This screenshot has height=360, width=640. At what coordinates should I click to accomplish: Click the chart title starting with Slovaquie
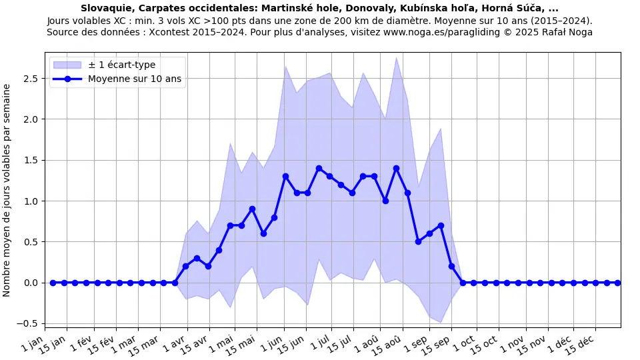point(319,9)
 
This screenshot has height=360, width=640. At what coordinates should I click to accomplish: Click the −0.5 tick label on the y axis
point(30,324)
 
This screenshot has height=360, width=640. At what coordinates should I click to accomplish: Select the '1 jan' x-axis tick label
point(34,342)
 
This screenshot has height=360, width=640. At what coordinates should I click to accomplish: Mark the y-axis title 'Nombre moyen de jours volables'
point(7,190)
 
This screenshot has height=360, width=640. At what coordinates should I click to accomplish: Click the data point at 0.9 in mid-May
point(252,209)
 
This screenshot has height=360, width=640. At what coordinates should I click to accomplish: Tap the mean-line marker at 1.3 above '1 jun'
point(285,176)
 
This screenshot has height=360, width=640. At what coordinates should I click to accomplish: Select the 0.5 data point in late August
point(418,241)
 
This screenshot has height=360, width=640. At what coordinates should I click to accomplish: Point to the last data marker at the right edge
point(617,283)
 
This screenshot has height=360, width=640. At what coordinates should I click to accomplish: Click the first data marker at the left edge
point(53,283)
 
